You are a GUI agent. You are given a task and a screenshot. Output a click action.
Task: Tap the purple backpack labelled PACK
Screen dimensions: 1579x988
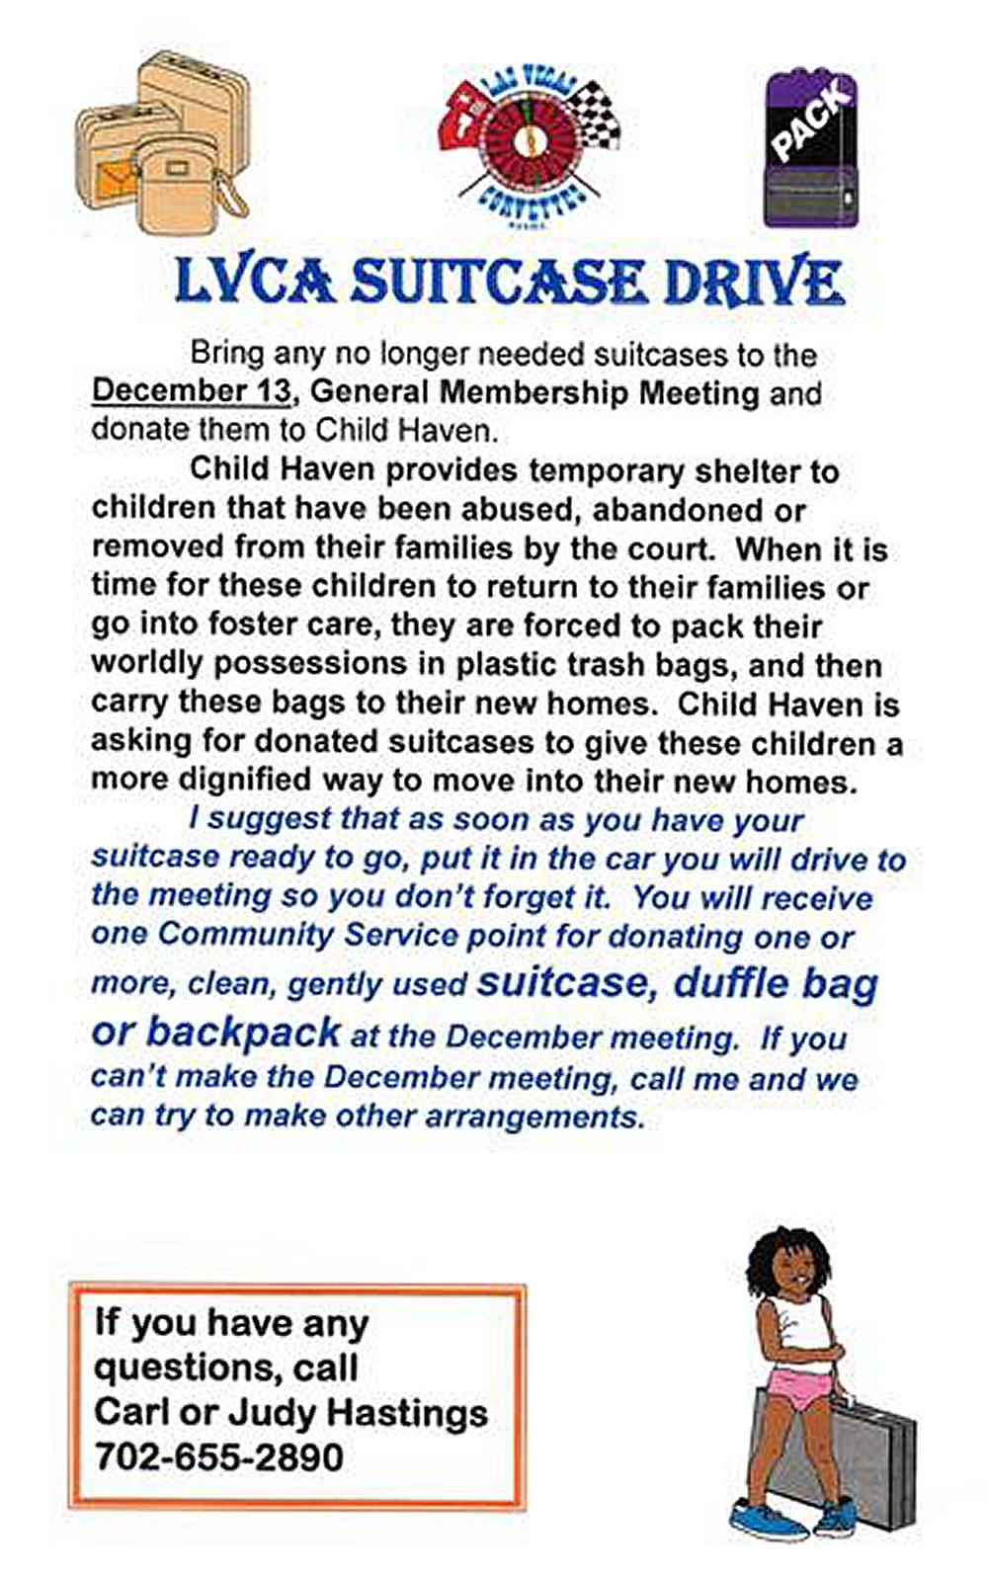pyautogui.click(x=811, y=149)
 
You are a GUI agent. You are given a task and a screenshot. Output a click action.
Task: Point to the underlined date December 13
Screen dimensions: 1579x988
pyautogui.click(x=192, y=391)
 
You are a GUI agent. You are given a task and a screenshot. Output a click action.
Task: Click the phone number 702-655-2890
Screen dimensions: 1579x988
pyautogui.click(x=219, y=1456)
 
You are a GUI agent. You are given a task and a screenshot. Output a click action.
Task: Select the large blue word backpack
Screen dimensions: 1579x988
pyautogui.click(x=243, y=1033)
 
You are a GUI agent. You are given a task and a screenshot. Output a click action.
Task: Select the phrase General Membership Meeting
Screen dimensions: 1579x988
pyautogui.click(x=535, y=393)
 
